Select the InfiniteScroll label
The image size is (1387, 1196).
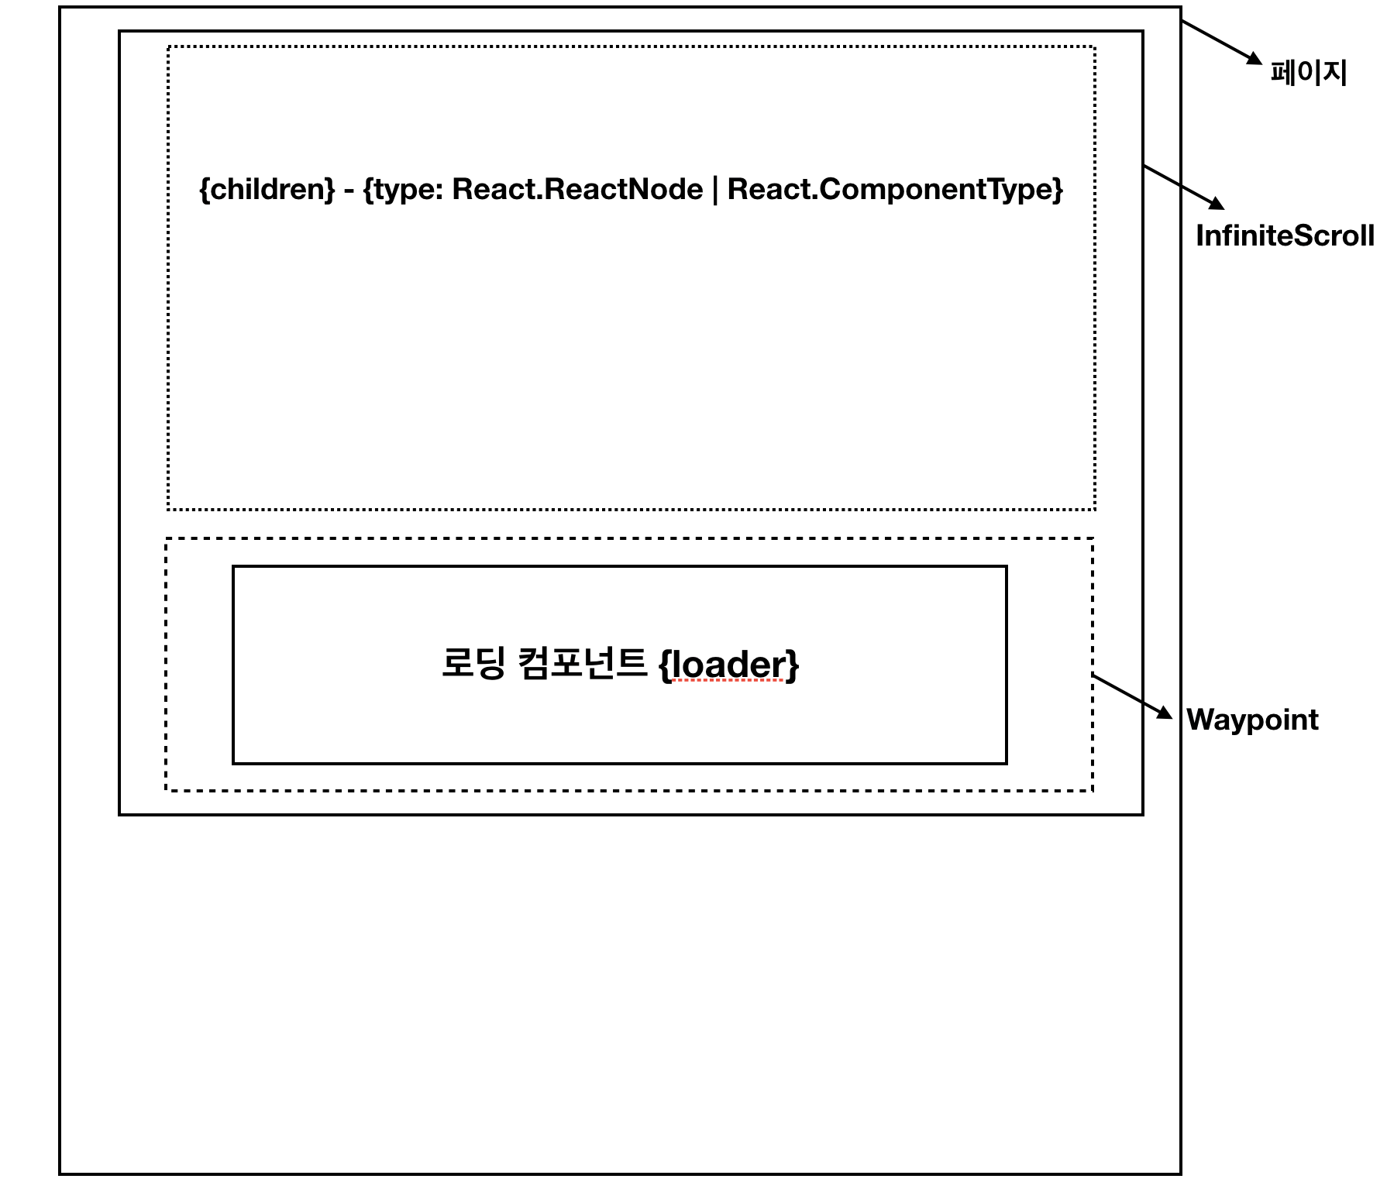[1285, 236]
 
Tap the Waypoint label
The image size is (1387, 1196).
[1252, 720]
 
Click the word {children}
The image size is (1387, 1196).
[267, 190]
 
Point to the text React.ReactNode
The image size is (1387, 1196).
[577, 190]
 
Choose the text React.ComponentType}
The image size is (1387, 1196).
[895, 190]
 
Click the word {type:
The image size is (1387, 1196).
[403, 190]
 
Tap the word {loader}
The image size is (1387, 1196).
[728, 665]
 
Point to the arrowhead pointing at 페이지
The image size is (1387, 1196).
[1254, 59]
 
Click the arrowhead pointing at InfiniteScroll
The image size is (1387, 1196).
[1217, 204]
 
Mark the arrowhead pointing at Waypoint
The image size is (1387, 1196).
[1165, 713]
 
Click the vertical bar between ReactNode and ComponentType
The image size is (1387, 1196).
[715, 190]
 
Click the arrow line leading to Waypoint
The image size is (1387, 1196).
[1127, 693]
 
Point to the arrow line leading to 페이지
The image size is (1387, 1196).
[1215, 39]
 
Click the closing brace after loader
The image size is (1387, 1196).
[793, 665]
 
